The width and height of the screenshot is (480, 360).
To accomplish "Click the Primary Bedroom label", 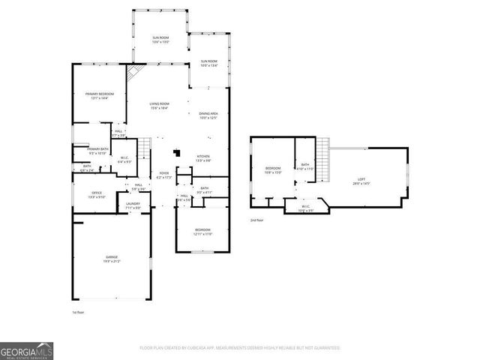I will [99, 95].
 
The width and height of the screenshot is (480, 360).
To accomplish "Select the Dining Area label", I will [208, 115].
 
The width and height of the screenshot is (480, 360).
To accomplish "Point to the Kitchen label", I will [204, 157].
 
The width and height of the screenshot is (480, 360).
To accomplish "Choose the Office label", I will [88, 194].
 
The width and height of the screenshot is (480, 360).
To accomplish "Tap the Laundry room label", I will [133, 205].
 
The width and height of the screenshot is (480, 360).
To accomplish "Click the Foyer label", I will [163, 175].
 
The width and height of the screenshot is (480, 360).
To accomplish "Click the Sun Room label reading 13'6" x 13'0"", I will [160, 40].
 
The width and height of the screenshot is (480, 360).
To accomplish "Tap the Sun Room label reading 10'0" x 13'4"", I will [208, 63].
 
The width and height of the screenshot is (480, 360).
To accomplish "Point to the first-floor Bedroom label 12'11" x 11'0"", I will [202, 232].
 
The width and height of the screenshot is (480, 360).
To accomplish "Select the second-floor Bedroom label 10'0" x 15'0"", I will [273, 170].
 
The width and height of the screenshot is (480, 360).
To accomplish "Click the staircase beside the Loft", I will [324, 159].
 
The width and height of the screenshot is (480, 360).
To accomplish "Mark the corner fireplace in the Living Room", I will [134, 73].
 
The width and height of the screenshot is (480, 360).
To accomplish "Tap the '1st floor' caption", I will [79, 311].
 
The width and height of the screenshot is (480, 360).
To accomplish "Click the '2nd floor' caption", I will [257, 220].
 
